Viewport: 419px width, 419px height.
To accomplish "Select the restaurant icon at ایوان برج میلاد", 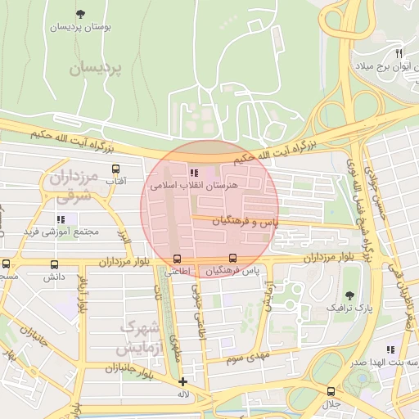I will coord(399,52).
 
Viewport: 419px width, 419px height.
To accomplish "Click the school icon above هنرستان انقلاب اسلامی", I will coord(193,173).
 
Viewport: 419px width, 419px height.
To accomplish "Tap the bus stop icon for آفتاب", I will coord(115,169).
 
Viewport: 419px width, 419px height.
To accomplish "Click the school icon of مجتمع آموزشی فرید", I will coord(61,219).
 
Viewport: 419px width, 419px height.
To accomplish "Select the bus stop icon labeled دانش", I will coord(55,264).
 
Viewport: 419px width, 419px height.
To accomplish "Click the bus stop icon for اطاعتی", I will coord(178,259).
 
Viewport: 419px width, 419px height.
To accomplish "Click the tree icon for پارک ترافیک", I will coord(350,295).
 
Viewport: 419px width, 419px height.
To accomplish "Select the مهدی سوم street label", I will coord(246,358).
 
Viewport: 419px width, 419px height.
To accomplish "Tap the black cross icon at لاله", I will coord(182,381).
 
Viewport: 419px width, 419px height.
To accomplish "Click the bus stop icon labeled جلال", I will coord(331,391).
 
